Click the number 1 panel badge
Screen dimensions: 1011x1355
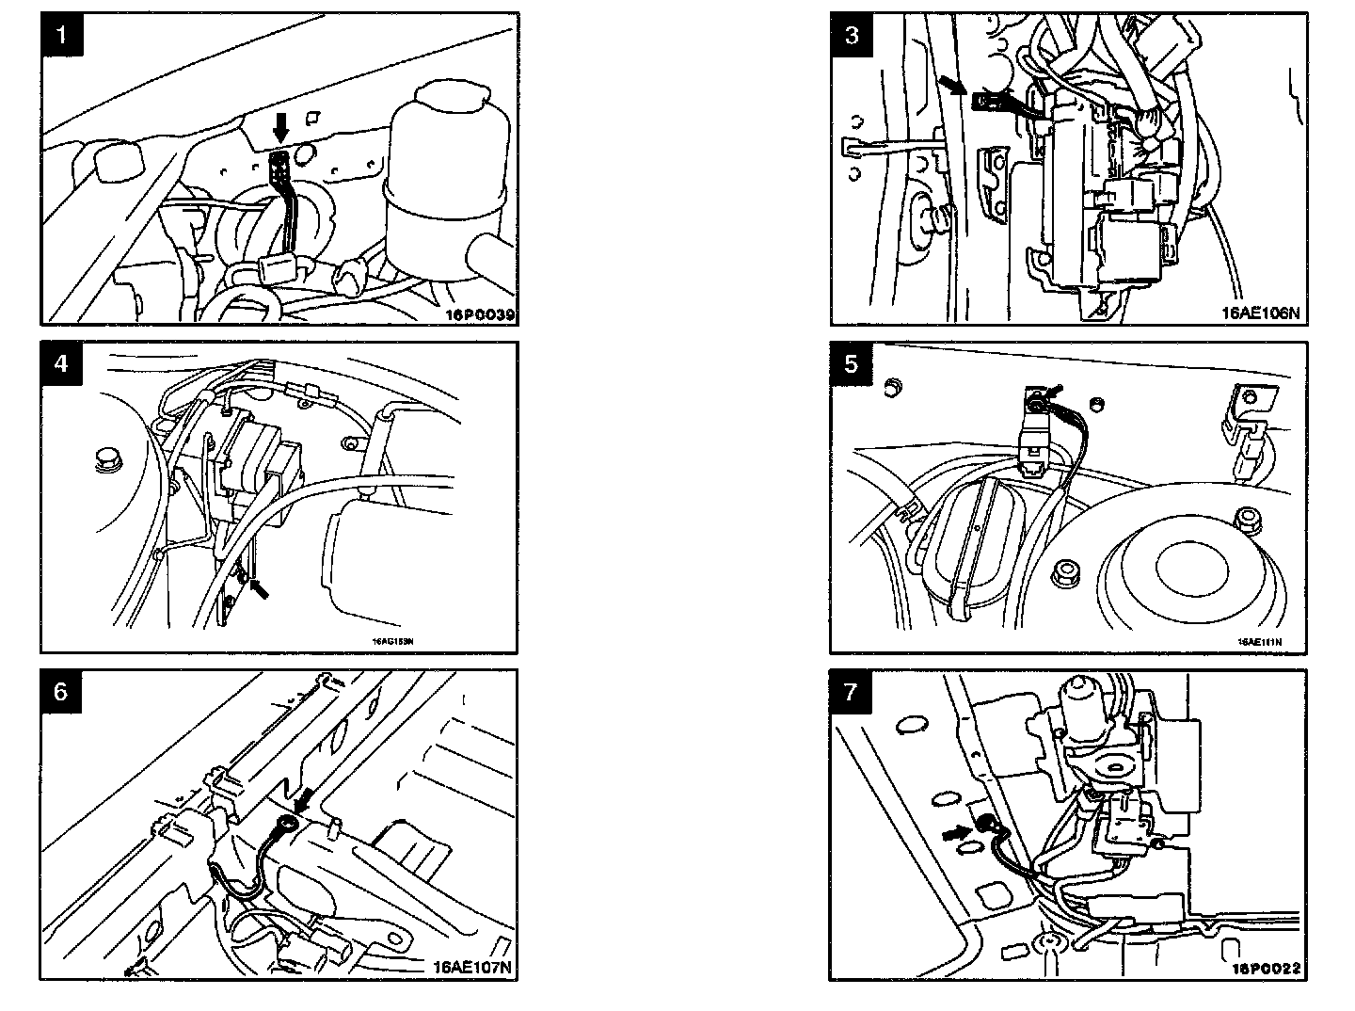62,36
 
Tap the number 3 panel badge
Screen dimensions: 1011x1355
852,36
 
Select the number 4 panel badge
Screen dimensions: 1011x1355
62,363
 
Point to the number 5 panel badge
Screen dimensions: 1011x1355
852,363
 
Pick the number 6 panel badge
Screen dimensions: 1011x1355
62,692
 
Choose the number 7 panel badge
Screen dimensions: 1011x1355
852,692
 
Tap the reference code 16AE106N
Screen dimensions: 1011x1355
1260,314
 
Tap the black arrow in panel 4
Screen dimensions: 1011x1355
258,589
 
